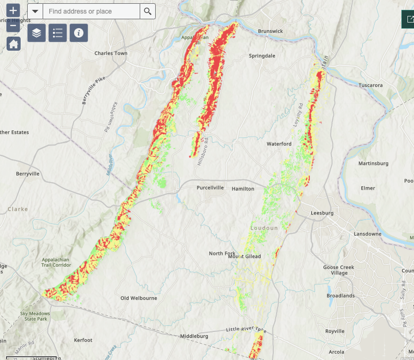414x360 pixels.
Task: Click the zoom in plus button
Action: [14, 10]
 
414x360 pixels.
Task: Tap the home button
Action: [14, 44]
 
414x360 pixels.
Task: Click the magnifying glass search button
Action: [148, 11]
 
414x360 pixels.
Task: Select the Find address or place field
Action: [91, 11]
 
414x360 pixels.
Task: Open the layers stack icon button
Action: [37, 33]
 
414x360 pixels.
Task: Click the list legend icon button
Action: [58, 33]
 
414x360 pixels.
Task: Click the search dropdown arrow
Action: [35, 11]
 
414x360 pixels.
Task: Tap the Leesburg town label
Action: [322, 213]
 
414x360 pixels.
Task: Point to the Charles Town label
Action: [111, 53]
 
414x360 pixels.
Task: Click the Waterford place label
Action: [279, 144]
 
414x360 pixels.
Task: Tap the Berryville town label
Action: [28, 173]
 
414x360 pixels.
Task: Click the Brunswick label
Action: [271, 31]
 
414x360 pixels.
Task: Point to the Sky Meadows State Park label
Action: [34, 316]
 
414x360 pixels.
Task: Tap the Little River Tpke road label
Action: [246, 330]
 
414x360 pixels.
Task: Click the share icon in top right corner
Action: [408, 19]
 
